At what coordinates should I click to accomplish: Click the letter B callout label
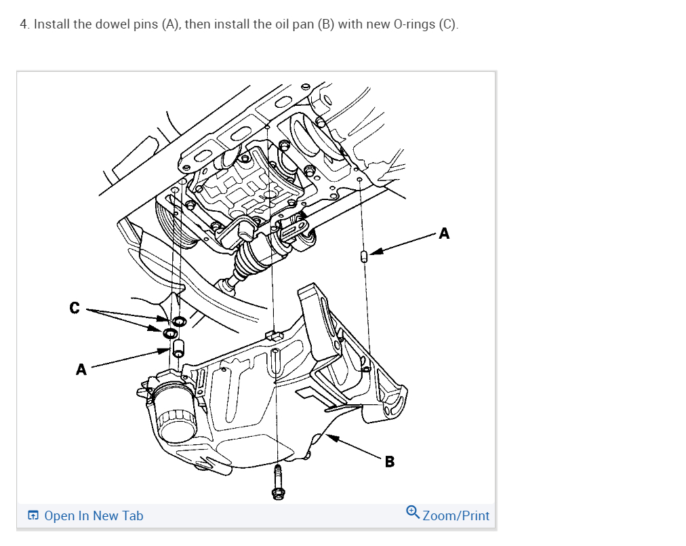pos(389,462)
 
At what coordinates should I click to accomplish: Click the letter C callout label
pos(75,309)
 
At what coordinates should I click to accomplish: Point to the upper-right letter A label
pos(444,234)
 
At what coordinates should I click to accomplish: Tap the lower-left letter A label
pos(81,370)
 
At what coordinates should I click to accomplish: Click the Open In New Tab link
pos(94,516)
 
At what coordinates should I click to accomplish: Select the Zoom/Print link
pos(456,515)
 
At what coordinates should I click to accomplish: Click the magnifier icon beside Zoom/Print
pos(413,511)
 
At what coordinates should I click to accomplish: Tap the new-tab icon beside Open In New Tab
pos(33,516)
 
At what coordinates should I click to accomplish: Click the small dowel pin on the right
pos(364,256)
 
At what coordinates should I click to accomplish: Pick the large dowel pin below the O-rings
pos(180,349)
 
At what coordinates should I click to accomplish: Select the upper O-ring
pos(180,320)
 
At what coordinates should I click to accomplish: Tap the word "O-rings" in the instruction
pos(414,24)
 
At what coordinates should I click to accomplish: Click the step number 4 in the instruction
pos(24,24)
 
